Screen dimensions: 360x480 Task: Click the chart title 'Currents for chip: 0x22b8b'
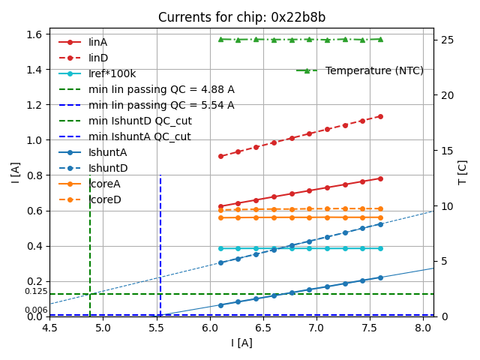pos(241,17)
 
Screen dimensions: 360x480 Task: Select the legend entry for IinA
pos(98,42)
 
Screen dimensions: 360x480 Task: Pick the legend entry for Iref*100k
pos(112,73)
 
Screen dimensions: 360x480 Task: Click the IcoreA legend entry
pos(104,184)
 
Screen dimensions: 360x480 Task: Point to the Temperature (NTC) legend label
pos(374,70)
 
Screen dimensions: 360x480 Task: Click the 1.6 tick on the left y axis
pos(35,34)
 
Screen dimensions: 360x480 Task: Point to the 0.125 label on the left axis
pos(35,292)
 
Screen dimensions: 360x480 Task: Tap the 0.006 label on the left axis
pos(35,310)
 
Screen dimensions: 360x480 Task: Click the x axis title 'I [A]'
pos(241,343)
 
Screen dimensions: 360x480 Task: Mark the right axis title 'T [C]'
pos(463,172)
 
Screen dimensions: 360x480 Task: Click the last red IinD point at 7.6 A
pos(380,117)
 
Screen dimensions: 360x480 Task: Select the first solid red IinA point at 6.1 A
pos(220,206)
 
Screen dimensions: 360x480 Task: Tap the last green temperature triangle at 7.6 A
pos(380,39)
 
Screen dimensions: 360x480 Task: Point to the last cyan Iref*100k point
pos(380,248)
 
